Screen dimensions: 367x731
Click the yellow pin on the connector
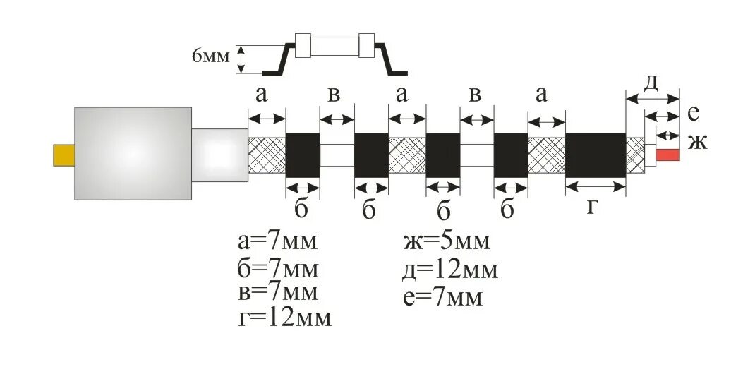point(64,155)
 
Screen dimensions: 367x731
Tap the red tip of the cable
point(667,155)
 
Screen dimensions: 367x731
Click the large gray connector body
point(133,153)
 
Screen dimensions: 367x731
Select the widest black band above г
point(596,155)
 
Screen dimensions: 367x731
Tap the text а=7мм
point(277,242)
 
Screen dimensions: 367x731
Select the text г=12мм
point(284,317)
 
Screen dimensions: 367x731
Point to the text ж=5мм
point(446,242)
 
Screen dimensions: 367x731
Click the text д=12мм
point(449,270)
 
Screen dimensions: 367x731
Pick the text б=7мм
point(278,270)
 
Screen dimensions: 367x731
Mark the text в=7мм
point(277,291)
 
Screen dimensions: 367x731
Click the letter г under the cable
point(595,207)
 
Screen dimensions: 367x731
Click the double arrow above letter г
point(596,186)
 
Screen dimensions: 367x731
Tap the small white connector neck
point(219,153)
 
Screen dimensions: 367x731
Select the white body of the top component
point(335,46)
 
